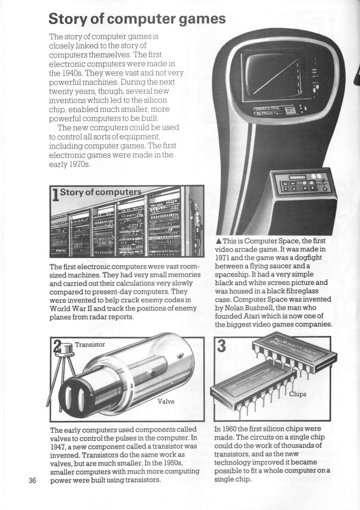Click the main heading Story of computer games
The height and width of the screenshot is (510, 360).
pos(137,19)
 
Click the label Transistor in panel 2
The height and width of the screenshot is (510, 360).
pos(90,345)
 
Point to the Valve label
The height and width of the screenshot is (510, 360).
pos(166,401)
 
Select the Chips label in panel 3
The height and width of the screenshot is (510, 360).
pos(298,394)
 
